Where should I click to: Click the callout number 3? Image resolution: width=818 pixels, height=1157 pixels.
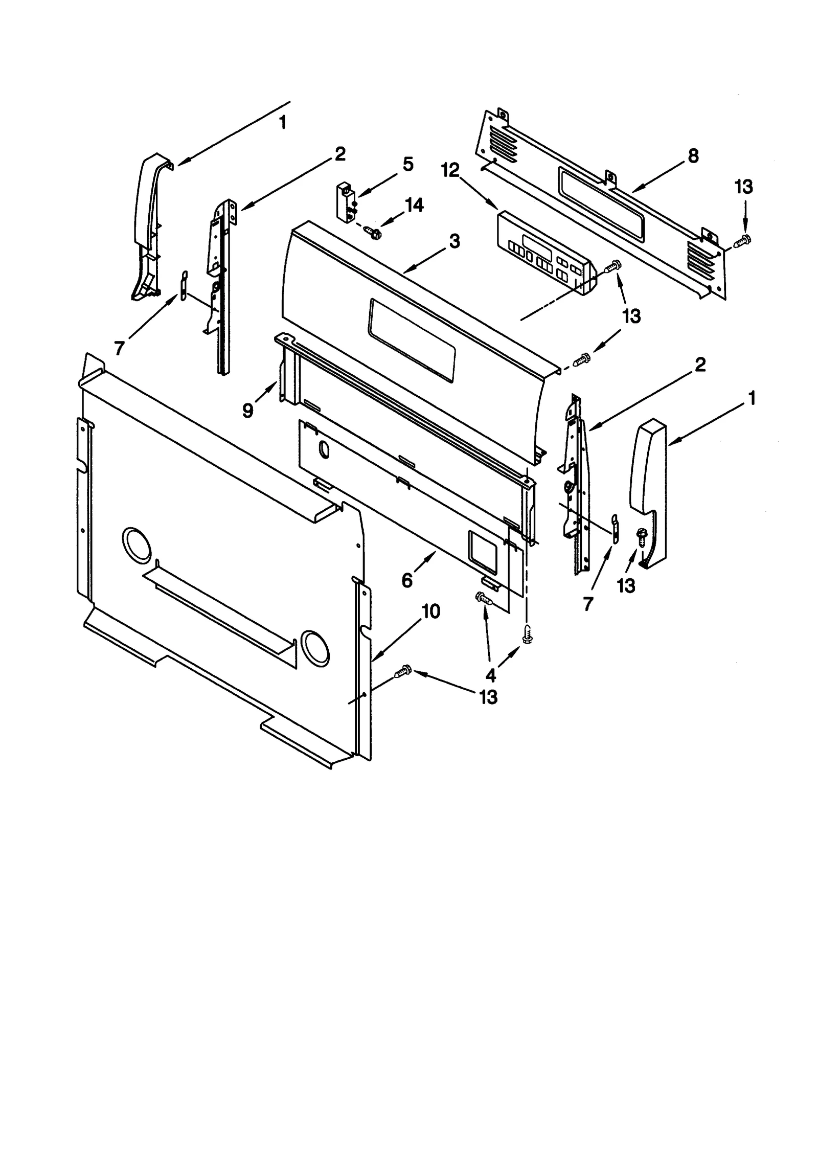pyautogui.click(x=454, y=241)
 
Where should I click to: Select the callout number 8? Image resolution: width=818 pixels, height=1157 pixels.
pyautogui.click(x=693, y=156)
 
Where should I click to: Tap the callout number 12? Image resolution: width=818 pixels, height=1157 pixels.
pyautogui.click(x=450, y=170)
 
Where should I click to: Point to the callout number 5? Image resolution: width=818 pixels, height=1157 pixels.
pyautogui.click(x=407, y=165)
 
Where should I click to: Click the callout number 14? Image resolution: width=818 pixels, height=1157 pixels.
pyautogui.click(x=414, y=205)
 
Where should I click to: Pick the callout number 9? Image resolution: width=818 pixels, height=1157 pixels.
pyautogui.click(x=247, y=410)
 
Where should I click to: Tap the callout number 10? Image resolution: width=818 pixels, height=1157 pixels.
pyautogui.click(x=431, y=611)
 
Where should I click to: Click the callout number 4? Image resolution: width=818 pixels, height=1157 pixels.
pyautogui.click(x=490, y=675)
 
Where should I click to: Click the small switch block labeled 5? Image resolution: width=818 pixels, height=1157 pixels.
pyautogui.click(x=345, y=201)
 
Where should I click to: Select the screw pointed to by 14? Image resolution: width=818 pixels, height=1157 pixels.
pyautogui.click(x=373, y=234)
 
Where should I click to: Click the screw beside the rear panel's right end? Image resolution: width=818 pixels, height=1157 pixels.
pyautogui.click(x=742, y=240)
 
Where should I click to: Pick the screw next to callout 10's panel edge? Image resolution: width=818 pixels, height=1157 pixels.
pyautogui.click(x=403, y=671)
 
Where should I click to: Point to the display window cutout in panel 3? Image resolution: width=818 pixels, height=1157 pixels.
pyautogui.click(x=412, y=340)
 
